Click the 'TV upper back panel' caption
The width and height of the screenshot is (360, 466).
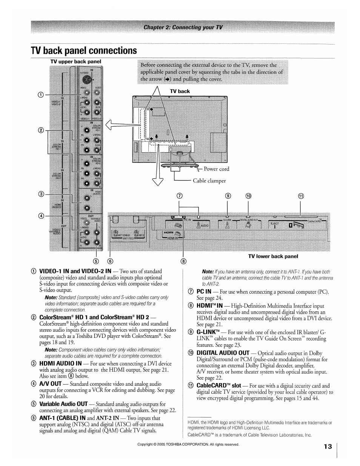[76, 61]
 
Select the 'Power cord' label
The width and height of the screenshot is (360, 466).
[216, 169]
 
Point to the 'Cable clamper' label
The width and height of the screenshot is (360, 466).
[209, 181]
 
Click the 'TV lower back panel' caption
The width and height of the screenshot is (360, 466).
[273, 256]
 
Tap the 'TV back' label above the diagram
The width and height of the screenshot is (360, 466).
[180, 91]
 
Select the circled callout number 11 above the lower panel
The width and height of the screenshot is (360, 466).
[301, 196]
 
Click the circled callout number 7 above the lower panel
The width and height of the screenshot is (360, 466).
[180, 196]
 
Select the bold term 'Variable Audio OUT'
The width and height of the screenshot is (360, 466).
[63, 404]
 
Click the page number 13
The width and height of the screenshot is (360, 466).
[327, 447]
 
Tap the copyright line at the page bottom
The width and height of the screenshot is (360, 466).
[188, 445]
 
